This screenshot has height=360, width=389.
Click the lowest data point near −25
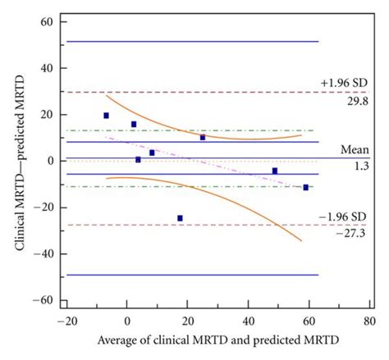(180, 218)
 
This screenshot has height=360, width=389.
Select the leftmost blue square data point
(106, 116)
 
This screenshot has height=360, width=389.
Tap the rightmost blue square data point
(306, 188)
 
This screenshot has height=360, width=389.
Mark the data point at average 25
(203, 137)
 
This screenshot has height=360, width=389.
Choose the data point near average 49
(275, 171)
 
